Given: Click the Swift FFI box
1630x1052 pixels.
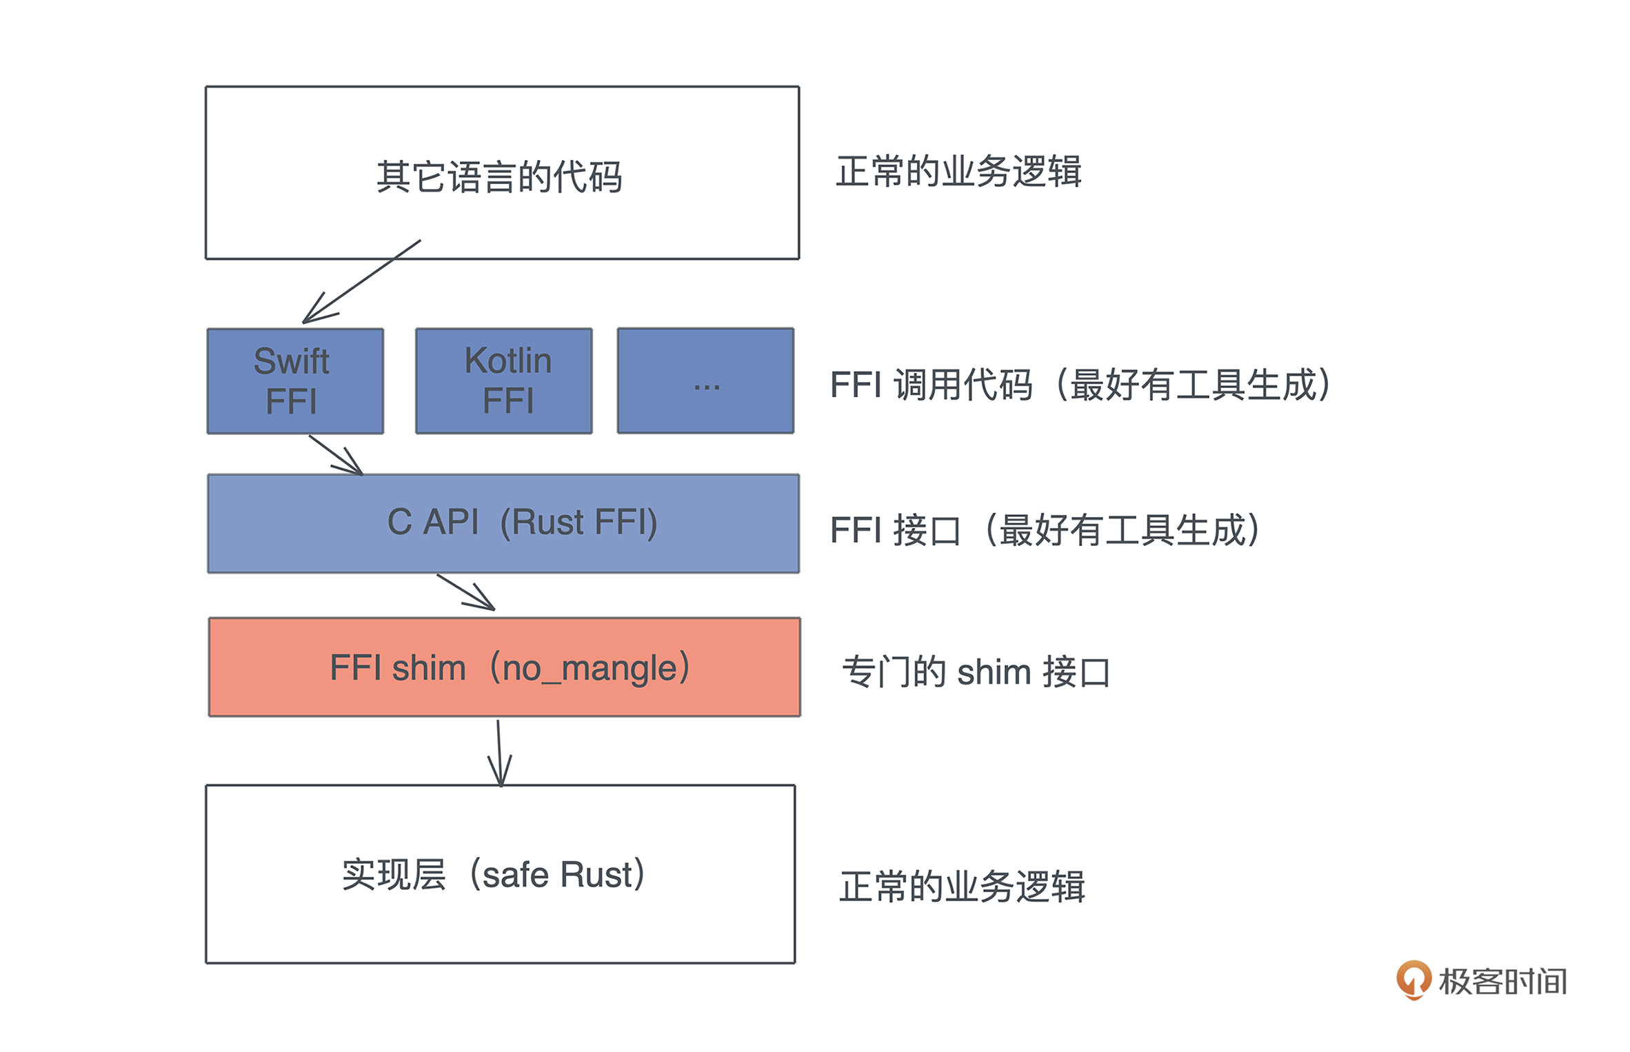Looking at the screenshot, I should [x=295, y=381].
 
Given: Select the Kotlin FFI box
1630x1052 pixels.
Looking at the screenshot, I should [x=503, y=381].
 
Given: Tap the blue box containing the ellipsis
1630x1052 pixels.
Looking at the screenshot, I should [x=705, y=381].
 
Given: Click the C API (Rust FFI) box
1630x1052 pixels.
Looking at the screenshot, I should [x=503, y=523].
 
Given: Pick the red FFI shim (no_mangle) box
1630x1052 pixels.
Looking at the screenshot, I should [x=504, y=667].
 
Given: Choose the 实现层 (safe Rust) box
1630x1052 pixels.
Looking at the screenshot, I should [x=500, y=873].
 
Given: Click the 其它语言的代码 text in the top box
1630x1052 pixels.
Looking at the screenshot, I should [x=499, y=177].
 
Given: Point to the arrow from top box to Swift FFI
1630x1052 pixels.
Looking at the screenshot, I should [x=361, y=281].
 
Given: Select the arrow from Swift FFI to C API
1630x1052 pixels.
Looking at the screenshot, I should [x=336, y=454].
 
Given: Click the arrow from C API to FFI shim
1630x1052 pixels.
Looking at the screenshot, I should [x=466, y=591].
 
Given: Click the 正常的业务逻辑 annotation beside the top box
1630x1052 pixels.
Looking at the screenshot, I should [x=958, y=172].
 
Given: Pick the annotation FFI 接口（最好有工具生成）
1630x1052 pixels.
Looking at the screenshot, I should [x=1045, y=530].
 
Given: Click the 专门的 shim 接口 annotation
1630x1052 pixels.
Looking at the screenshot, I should [x=976, y=671].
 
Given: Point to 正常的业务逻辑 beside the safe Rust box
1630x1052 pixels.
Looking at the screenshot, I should [x=963, y=887].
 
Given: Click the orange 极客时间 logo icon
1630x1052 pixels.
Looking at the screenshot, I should [x=1413, y=980].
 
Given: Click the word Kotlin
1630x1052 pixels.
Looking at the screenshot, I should [x=508, y=361].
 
